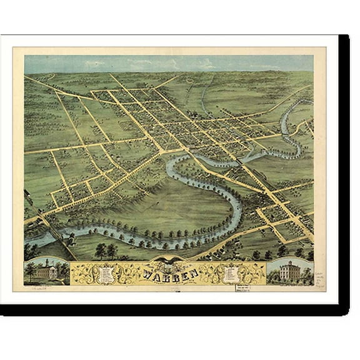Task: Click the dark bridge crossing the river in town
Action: pyautogui.click(x=239, y=162)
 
